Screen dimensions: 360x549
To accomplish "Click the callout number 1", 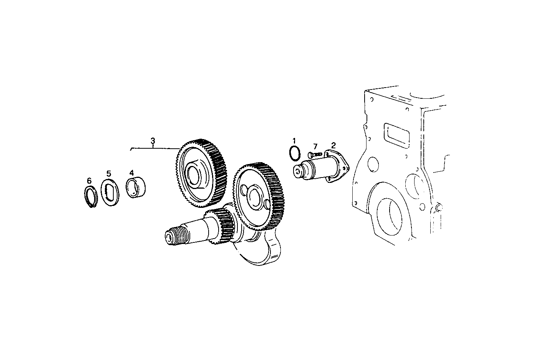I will click(294, 141).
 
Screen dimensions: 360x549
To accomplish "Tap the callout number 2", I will click(333, 145).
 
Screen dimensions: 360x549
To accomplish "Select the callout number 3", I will click(153, 141).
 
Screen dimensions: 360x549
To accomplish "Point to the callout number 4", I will click(131, 173).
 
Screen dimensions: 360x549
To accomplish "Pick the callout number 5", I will click(109, 173).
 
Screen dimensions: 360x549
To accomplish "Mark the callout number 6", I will click(89, 180).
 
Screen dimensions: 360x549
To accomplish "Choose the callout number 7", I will click(315, 146).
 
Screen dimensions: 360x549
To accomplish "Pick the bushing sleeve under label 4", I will click(136, 188).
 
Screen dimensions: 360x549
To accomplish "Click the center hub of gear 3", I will click(195, 174).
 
